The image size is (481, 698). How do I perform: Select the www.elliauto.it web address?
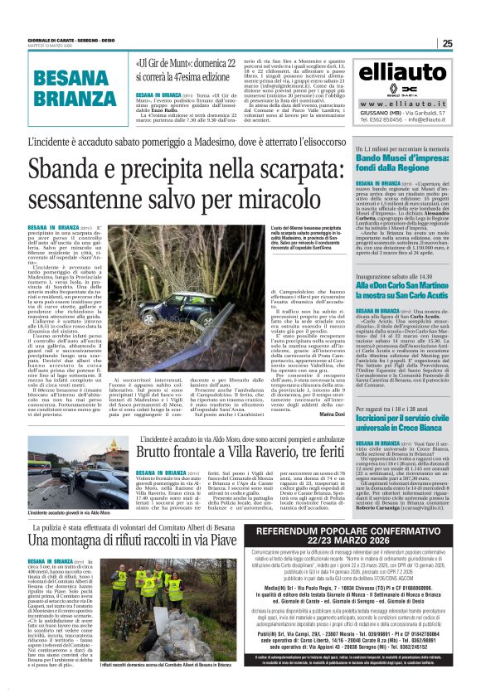click(x=402, y=104)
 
